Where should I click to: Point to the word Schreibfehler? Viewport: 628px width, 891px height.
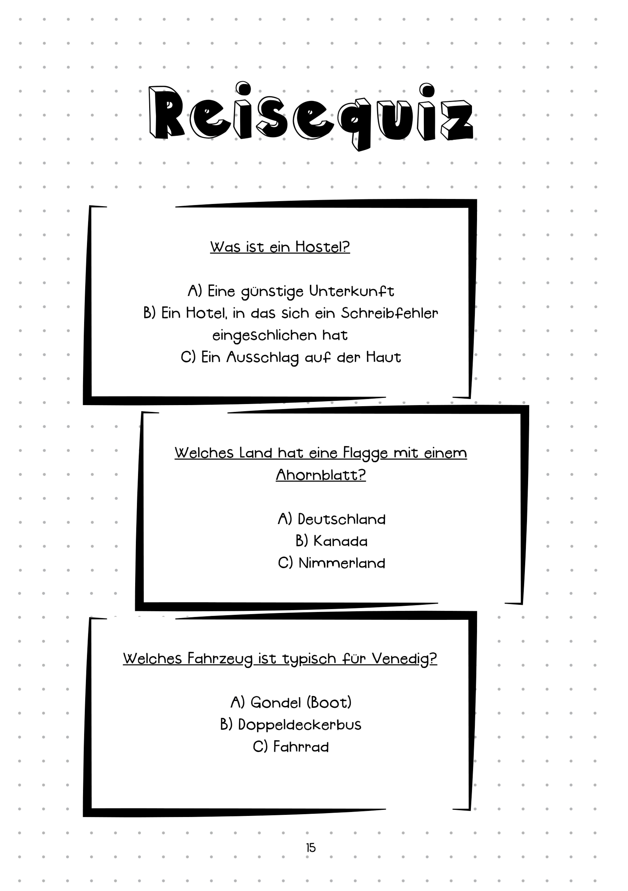(x=389, y=313)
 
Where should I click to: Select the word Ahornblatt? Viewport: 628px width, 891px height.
(x=321, y=475)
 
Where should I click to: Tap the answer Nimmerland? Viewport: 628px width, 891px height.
(x=342, y=563)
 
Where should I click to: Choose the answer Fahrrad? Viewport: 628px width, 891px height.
(x=301, y=747)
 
